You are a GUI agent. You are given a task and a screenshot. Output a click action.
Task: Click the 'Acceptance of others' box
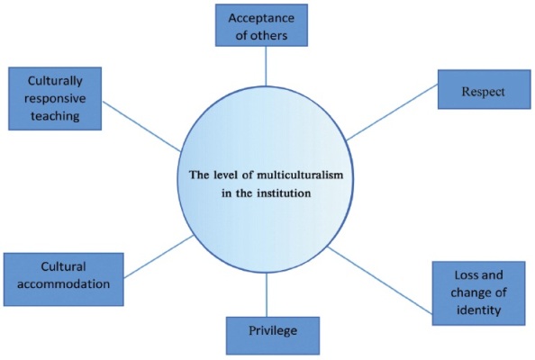click(261, 25)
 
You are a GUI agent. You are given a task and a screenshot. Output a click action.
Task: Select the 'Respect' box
click(485, 90)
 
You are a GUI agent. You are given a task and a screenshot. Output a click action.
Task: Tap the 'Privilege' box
click(273, 336)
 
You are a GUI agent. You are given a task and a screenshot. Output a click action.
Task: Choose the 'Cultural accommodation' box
click(63, 279)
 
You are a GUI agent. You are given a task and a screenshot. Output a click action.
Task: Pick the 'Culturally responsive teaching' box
click(55, 98)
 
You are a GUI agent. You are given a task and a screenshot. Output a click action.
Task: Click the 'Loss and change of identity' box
click(478, 293)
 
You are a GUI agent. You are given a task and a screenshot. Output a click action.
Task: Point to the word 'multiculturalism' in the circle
click(300, 175)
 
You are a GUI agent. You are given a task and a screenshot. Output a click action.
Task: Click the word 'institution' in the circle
click(284, 193)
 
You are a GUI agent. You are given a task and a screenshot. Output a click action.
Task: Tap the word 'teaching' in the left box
click(55, 116)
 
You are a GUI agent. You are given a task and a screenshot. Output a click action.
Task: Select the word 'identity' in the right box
click(478, 310)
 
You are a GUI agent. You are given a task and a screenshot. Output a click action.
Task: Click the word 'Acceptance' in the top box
click(261, 18)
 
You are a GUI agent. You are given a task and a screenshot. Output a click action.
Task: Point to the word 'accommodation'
click(63, 284)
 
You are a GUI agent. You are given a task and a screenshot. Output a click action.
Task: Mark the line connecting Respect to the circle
click(392, 112)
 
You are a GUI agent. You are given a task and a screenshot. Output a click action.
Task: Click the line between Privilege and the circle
click(267, 295)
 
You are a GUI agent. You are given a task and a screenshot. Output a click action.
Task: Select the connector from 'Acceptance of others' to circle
click(266, 66)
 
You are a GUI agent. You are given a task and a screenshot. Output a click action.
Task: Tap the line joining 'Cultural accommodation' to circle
click(159, 256)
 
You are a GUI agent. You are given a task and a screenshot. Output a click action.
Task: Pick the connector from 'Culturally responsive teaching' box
click(141, 126)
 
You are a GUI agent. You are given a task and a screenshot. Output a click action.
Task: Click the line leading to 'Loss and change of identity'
click(380, 280)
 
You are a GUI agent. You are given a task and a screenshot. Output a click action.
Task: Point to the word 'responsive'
click(55, 98)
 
